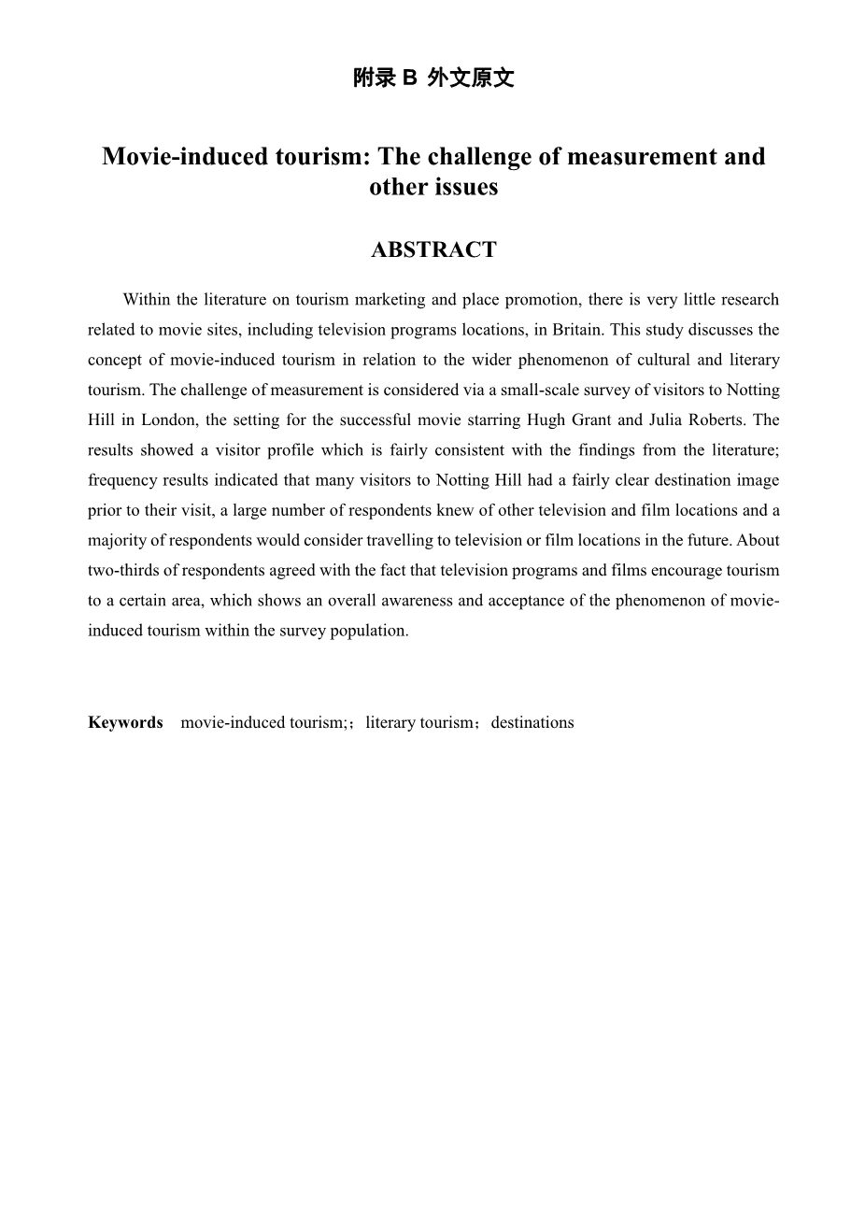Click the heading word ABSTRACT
433,250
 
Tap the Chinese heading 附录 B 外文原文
433,78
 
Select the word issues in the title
466,187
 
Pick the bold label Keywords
125,722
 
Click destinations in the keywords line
532,722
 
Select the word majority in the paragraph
116,540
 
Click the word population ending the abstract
370,630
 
